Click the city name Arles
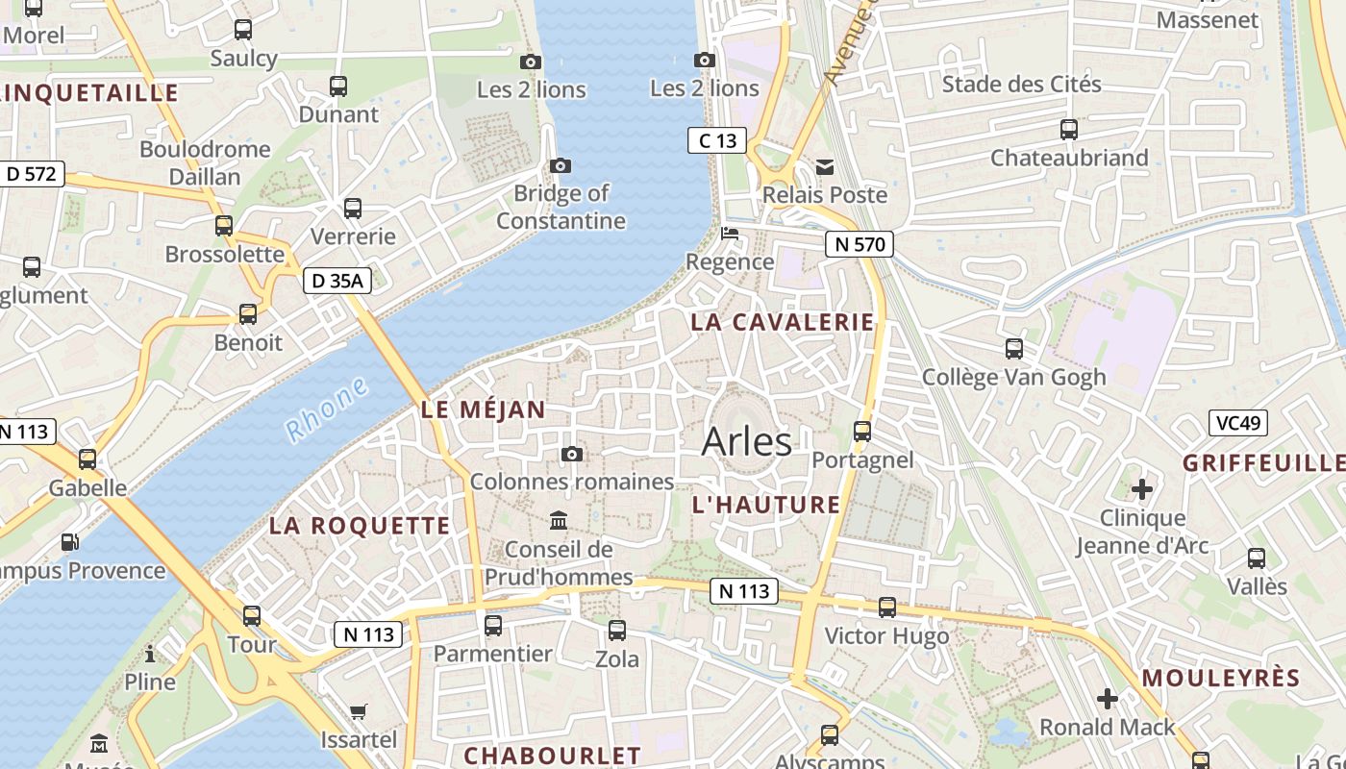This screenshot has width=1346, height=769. pos(747,441)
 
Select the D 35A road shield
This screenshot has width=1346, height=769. pos(337,281)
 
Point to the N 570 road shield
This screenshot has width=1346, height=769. pos(860,244)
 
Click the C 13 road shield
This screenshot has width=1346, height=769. pos(717,140)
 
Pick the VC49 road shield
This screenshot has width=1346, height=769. pos(1238,423)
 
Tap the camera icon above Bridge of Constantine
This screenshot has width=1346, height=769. pos(561,166)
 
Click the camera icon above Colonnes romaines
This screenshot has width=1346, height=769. pos(572,454)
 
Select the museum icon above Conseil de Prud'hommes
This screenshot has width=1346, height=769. pos(559,522)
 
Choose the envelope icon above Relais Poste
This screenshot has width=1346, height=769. pos(825,167)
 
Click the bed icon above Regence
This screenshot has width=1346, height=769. pos(730,234)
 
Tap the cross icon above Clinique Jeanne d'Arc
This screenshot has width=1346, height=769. pos(1142,490)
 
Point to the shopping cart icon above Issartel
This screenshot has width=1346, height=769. pos(359,712)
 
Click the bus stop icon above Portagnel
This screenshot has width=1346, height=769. pos(862,432)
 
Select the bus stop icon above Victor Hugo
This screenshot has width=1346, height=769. pos(886,608)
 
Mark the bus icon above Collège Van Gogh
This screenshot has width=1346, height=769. pos(1014,349)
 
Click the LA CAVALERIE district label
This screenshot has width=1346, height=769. pos(783,322)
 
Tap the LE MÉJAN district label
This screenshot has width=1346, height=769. pos(484,409)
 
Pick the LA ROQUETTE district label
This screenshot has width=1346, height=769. pos(360,526)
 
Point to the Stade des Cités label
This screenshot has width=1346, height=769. pos(1021,84)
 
